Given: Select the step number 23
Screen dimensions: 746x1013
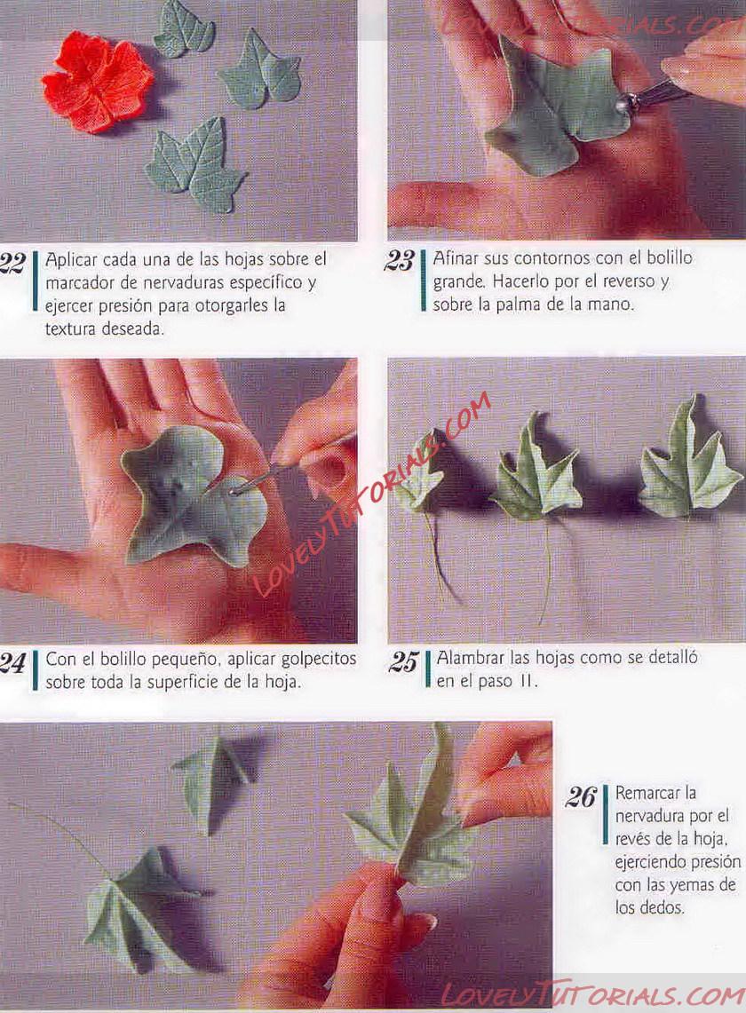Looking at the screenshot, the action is point(399,261).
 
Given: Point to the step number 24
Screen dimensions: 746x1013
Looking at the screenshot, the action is point(12,663).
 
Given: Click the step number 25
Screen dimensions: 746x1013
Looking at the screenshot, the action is point(404,662).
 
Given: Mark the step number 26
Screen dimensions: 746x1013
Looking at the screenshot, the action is point(580,797).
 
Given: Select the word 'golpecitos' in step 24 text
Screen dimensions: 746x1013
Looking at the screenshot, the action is point(320,660).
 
